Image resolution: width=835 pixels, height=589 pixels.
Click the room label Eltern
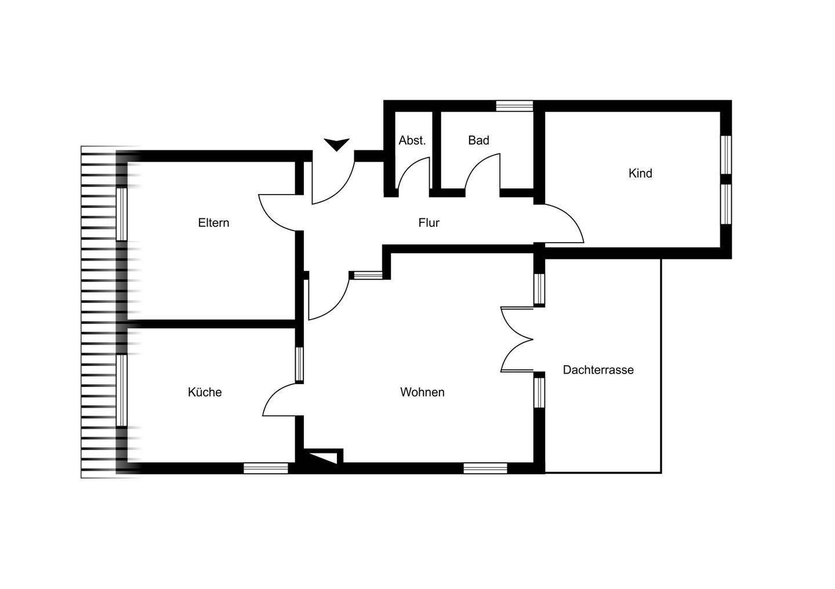coord(213,223)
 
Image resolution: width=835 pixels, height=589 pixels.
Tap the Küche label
coord(205,392)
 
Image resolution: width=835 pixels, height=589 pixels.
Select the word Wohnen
coord(422,392)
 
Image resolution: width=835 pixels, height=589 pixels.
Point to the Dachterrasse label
coord(598,370)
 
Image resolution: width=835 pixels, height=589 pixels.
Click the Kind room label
coord(640,173)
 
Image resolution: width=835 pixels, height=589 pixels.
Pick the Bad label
coord(478,140)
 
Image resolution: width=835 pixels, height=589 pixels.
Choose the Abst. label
coord(412,140)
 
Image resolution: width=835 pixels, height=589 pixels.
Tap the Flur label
coord(429,223)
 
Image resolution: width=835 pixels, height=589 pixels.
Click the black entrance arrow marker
coord(337,144)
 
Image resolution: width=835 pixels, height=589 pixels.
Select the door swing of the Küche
coord(280,400)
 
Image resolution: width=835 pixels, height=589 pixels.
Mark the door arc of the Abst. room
coord(413,174)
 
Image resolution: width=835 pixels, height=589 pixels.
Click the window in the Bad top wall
coord(514,105)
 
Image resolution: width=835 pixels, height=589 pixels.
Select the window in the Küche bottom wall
coord(266,469)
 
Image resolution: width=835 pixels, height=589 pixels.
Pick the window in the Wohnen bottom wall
coord(485,469)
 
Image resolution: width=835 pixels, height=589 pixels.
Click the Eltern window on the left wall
coord(121,214)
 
